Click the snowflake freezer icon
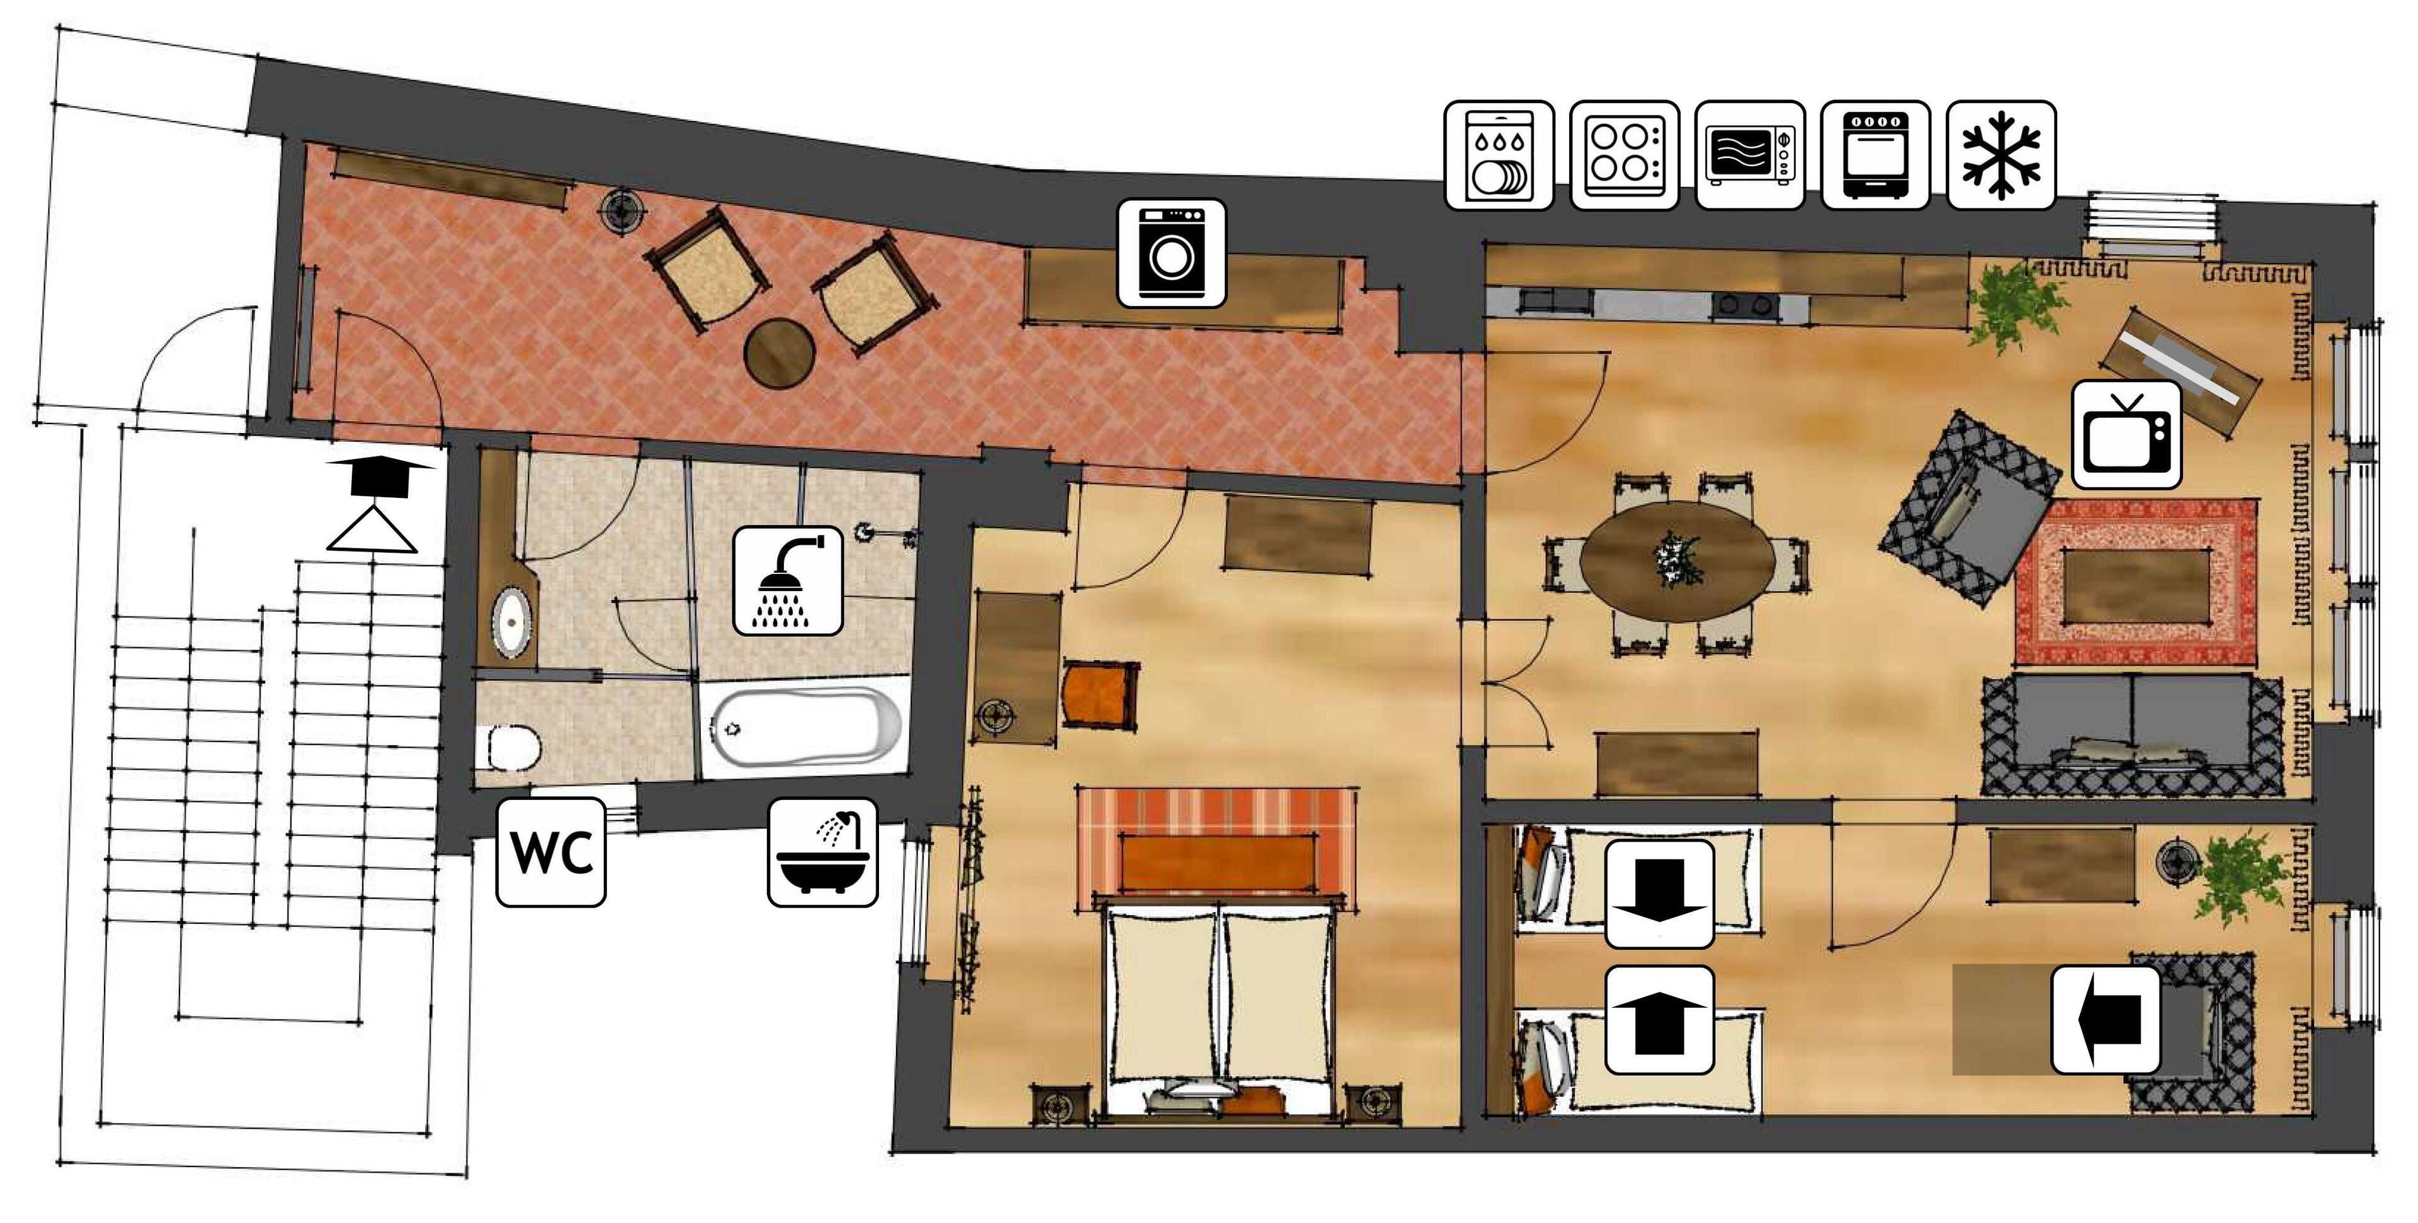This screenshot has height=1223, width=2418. tap(2001, 156)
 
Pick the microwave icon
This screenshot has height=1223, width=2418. tap(1750, 156)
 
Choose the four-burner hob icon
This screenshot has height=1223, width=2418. tap(1624, 156)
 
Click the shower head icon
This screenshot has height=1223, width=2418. tap(786, 580)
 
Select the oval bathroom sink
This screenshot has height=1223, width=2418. tap(511, 621)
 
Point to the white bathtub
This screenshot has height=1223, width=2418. tap(805, 728)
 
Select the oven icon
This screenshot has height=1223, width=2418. tap(1875, 156)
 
